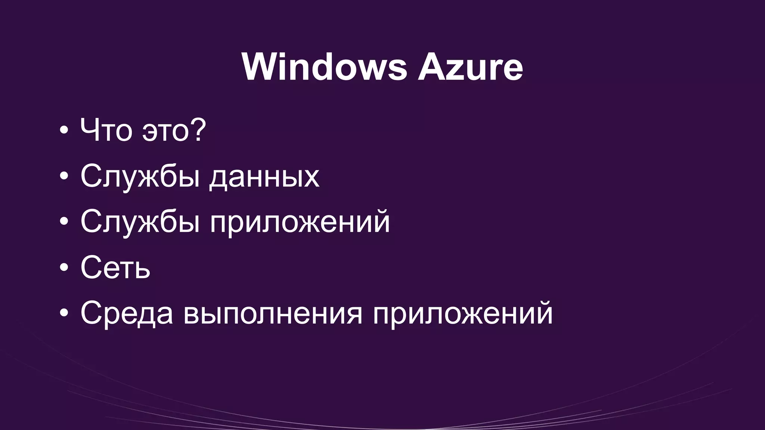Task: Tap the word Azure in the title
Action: [x=470, y=67]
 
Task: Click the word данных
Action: [x=264, y=176]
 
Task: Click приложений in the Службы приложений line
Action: [x=300, y=222]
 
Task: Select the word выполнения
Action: [x=273, y=314]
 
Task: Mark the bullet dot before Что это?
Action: [x=64, y=130]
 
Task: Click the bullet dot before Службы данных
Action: [x=64, y=176]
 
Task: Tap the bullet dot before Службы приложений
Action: [x=64, y=221]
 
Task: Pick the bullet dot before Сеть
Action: [x=64, y=267]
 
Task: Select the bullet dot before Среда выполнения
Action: [x=64, y=313]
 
